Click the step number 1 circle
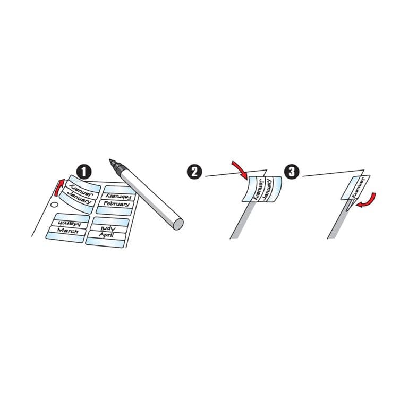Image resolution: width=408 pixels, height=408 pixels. [83, 171]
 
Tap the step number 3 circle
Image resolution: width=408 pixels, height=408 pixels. [292, 171]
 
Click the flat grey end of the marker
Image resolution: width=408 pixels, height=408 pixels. [178, 224]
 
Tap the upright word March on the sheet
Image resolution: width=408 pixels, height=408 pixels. [69, 231]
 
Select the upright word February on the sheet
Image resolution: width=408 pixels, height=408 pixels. [117, 203]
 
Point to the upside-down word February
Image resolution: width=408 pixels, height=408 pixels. [119, 196]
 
